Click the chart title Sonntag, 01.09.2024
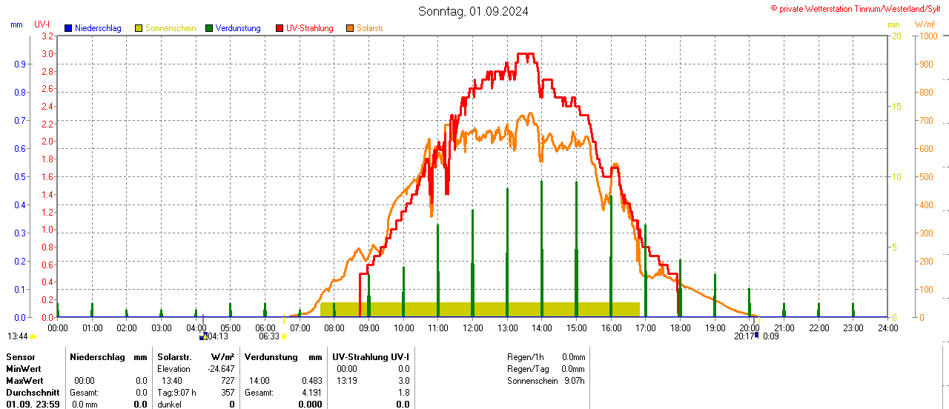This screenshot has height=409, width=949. (x=473, y=11)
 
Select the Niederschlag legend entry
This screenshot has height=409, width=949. (x=93, y=28)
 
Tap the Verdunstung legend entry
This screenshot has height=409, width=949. (x=233, y=28)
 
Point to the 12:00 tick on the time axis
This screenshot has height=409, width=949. (x=472, y=327)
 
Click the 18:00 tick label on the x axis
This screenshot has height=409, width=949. (x=680, y=327)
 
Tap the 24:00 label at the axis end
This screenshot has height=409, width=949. (x=887, y=327)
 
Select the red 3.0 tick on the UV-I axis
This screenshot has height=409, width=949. (x=47, y=53)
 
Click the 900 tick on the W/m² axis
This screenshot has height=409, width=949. (x=926, y=64)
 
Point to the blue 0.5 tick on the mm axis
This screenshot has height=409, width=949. (x=20, y=176)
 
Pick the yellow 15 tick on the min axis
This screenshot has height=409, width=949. (x=896, y=106)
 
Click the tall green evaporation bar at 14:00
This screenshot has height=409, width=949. (x=542, y=248)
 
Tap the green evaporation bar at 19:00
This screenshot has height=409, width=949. (x=715, y=295)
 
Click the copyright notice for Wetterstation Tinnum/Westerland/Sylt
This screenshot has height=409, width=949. (x=858, y=8)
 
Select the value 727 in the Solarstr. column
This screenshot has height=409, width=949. (x=227, y=380)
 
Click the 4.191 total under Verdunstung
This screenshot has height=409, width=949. (x=311, y=392)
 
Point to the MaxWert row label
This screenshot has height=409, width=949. (x=23, y=380)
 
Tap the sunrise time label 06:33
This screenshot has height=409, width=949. (x=268, y=336)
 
